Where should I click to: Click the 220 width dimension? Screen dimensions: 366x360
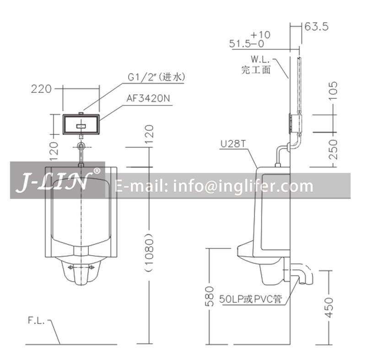click(x=41, y=89)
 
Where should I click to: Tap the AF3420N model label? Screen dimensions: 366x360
click(x=148, y=98)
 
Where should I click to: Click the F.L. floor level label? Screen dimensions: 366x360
click(x=36, y=320)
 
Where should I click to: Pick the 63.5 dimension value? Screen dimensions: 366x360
click(x=317, y=27)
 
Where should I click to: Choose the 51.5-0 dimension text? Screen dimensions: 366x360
click(x=247, y=43)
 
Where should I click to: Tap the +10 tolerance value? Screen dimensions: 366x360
click(x=260, y=35)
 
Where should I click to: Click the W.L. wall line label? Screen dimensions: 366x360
click(x=260, y=59)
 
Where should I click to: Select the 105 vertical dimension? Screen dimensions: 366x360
click(x=333, y=91)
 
